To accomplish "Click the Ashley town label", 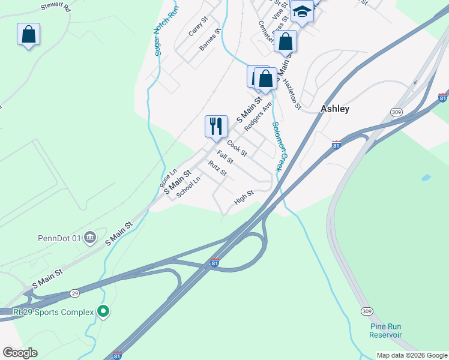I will (335, 109).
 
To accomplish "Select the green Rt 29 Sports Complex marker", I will (103, 311).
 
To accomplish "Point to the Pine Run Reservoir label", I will (385, 331).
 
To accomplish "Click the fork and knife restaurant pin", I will (216, 126).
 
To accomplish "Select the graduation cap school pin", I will (302, 11).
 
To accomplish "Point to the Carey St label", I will (197, 27).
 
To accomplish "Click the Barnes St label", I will (211, 38).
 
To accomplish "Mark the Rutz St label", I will (217, 169).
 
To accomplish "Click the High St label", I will (244, 197).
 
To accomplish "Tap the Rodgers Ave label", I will (259, 112).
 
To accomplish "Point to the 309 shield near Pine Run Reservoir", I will (367, 311).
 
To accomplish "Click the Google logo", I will (20, 353).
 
